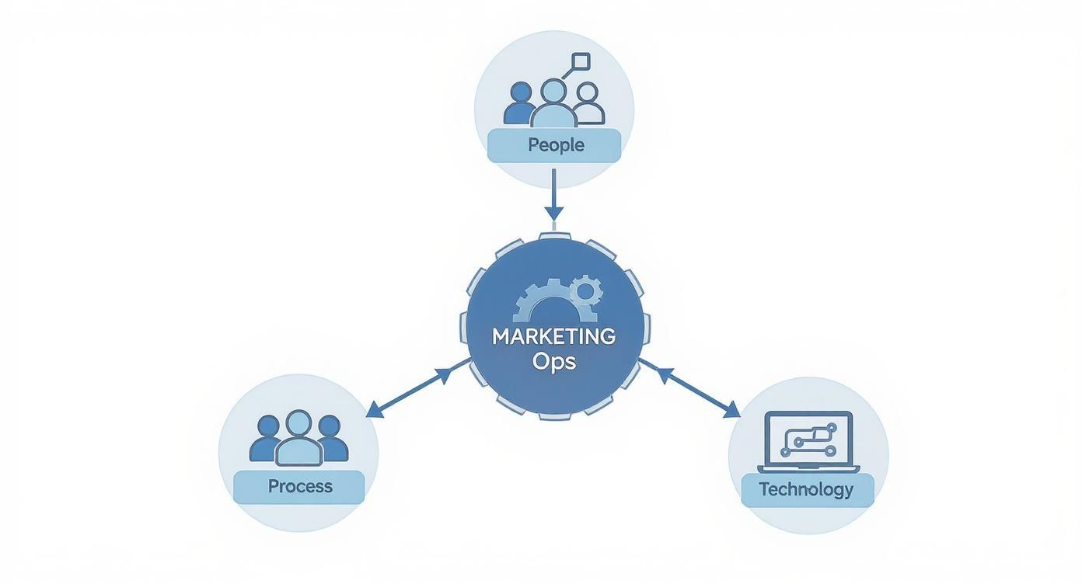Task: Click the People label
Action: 554,145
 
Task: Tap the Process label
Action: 299,487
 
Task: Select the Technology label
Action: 806,490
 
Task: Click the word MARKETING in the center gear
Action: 553,337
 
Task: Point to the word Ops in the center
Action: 554,362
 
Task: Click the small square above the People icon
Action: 581,61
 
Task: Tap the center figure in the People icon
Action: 553,105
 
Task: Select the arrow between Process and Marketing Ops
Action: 418,387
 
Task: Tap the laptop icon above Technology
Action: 808,443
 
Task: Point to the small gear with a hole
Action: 586,291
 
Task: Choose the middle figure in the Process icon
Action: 298,440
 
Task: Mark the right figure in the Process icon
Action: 331,439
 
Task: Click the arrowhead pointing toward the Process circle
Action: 375,409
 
